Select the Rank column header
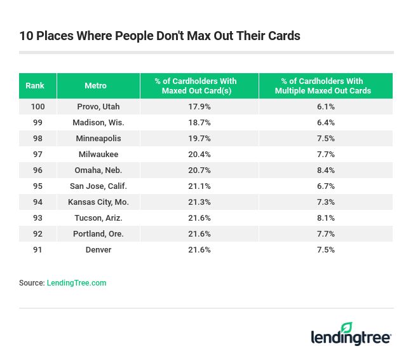pyautogui.click(x=35, y=86)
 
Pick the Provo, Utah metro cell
pyautogui.click(x=98, y=107)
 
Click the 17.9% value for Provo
pyautogui.click(x=200, y=107)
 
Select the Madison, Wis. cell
pyautogui.click(x=98, y=123)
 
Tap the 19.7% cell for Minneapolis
pyautogui.click(x=200, y=139)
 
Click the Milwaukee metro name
pyautogui.click(x=98, y=155)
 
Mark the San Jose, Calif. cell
pyautogui.click(x=98, y=186)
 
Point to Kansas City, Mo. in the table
pyautogui.click(x=98, y=202)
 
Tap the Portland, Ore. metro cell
pyautogui.click(x=98, y=234)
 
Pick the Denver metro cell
pyautogui.click(x=98, y=250)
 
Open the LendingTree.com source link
pyautogui.click(x=76, y=283)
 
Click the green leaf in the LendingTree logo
pyautogui.click(x=346, y=328)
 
